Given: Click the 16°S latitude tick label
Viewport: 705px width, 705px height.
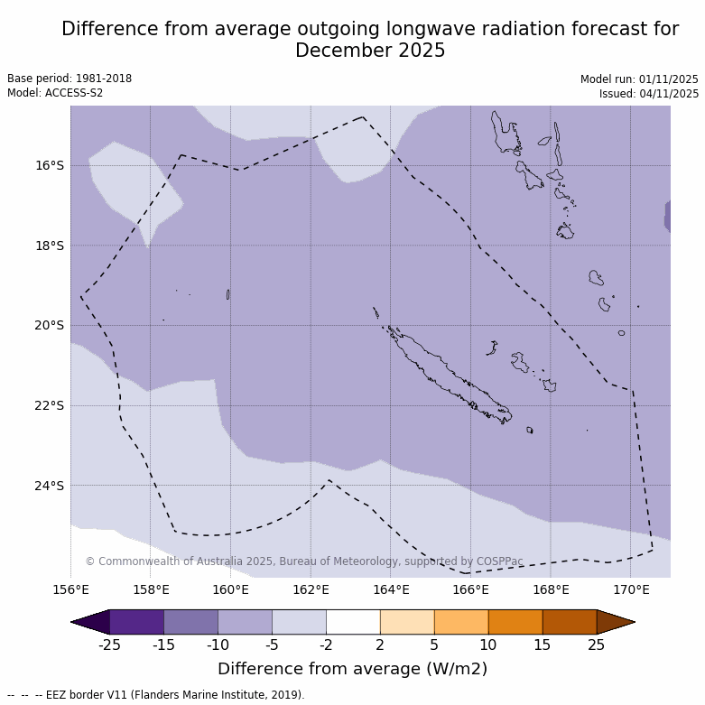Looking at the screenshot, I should point(50,165).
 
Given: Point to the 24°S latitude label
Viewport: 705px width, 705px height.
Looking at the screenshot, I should point(50,486).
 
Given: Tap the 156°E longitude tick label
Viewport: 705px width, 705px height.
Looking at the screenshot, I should point(70,590).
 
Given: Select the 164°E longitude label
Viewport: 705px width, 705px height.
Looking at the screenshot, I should point(391,590).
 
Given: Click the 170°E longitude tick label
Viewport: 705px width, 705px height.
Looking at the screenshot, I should point(631,590).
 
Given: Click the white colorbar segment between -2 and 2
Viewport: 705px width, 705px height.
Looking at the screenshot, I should point(353,622).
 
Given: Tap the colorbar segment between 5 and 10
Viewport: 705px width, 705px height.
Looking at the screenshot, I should point(461,622).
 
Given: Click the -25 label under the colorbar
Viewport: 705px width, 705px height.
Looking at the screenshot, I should point(109,645).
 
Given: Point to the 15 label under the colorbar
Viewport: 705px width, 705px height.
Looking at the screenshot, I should point(543,645).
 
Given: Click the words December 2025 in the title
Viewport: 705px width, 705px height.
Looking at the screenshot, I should point(370,51).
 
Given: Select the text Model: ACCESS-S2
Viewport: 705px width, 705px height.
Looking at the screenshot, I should point(55,93).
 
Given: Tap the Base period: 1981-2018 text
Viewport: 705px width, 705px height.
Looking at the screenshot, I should point(70,79).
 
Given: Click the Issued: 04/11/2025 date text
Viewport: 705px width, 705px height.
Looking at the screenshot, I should point(649,93).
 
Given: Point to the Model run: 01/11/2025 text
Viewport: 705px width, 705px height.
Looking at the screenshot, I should point(639,79).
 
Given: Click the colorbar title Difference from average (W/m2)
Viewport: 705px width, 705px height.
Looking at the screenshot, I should point(352,669).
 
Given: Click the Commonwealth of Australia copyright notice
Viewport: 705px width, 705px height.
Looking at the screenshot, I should point(304,561).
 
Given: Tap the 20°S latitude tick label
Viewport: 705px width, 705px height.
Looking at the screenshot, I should point(50,325).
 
